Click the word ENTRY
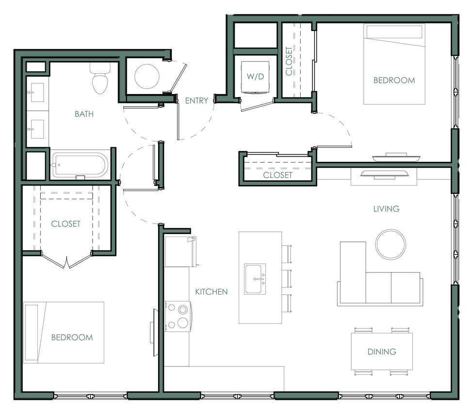[196, 101]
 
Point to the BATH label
[84, 114]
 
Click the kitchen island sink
[255, 279]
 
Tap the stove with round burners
[178, 316]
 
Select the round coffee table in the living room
[390, 244]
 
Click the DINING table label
[382, 351]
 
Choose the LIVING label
[386, 209]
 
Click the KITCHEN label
[211, 292]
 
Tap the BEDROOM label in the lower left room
[72, 337]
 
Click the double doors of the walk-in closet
[67, 260]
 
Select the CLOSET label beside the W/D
[289, 62]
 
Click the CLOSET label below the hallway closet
[277, 175]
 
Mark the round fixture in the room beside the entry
[146, 76]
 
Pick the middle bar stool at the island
[287, 279]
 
